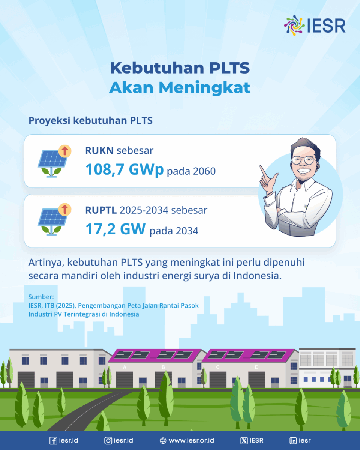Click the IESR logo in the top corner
pyautogui.click(x=315, y=25)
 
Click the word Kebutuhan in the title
pyautogui.click(x=157, y=68)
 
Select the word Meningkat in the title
pyautogui.click(x=204, y=87)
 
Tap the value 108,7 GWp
pyautogui.click(x=124, y=170)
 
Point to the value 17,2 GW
pyautogui.click(x=115, y=229)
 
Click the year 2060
pyautogui.click(x=204, y=171)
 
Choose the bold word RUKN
pyautogui.click(x=99, y=150)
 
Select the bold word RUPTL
pyautogui.click(x=101, y=210)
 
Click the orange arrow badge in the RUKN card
pyautogui.click(x=65, y=151)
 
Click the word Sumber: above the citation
pyautogui.click(x=41, y=297)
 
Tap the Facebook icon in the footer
pyautogui.click(x=53, y=441)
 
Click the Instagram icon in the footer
pyautogui.click(x=108, y=441)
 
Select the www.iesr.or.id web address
pyautogui.click(x=191, y=440)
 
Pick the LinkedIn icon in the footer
pyautogui.click(x=293, y=441)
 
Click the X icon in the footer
pyautogui.click(x=244, y=441)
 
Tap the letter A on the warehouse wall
pyautogui.click(x=124, y=367)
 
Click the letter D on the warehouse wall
pyautogui.click(x=256, y=367)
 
